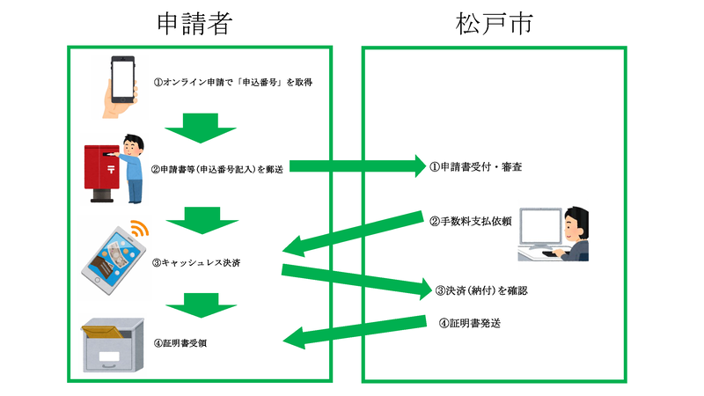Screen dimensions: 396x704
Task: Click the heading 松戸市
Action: click(495, 24)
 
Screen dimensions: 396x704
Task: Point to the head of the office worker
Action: click(578, 221)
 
